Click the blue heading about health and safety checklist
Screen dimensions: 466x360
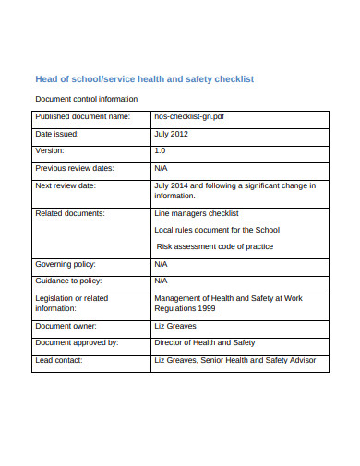(157, 79)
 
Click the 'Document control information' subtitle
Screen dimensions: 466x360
(86, 98)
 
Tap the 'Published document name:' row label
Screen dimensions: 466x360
(82, 118)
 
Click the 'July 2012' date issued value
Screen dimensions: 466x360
(174, 134)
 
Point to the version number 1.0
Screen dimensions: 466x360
(161, 150)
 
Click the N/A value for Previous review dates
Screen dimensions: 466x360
(162, 168)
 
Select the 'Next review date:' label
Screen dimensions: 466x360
(66, 185)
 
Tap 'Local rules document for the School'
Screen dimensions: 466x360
(217, 230)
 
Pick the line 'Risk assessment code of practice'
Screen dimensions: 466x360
(215, 246)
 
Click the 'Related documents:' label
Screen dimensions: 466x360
(69, 213)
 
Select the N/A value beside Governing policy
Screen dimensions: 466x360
(162, 264)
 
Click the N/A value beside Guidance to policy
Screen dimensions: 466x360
(162, 281)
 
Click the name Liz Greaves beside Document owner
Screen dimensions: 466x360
(176, 326)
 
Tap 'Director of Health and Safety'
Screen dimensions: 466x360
(204, 342)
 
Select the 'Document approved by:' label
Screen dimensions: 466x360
(77, 342)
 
